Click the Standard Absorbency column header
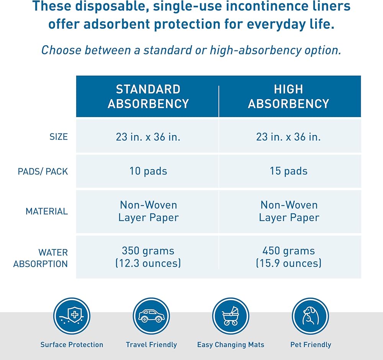click(148, 96)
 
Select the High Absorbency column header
click(288, 96)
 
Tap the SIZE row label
click(59, 137)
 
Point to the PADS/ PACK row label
click(43, 171)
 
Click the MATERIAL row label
click(47, 211)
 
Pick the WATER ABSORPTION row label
click(41, 258)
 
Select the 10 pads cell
click(148, 171)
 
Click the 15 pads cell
click(288, 171)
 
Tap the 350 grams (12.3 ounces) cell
click(148, 257)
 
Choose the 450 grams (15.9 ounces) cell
click(288, 257)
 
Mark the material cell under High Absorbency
click(289, 211)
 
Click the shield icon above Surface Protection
click(72, 316)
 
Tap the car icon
click(151, 316)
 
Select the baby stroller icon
click(231, 316)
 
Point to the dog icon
click(311, 316)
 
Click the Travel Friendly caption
click(151, 345)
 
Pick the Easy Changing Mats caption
click(231, 345)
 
